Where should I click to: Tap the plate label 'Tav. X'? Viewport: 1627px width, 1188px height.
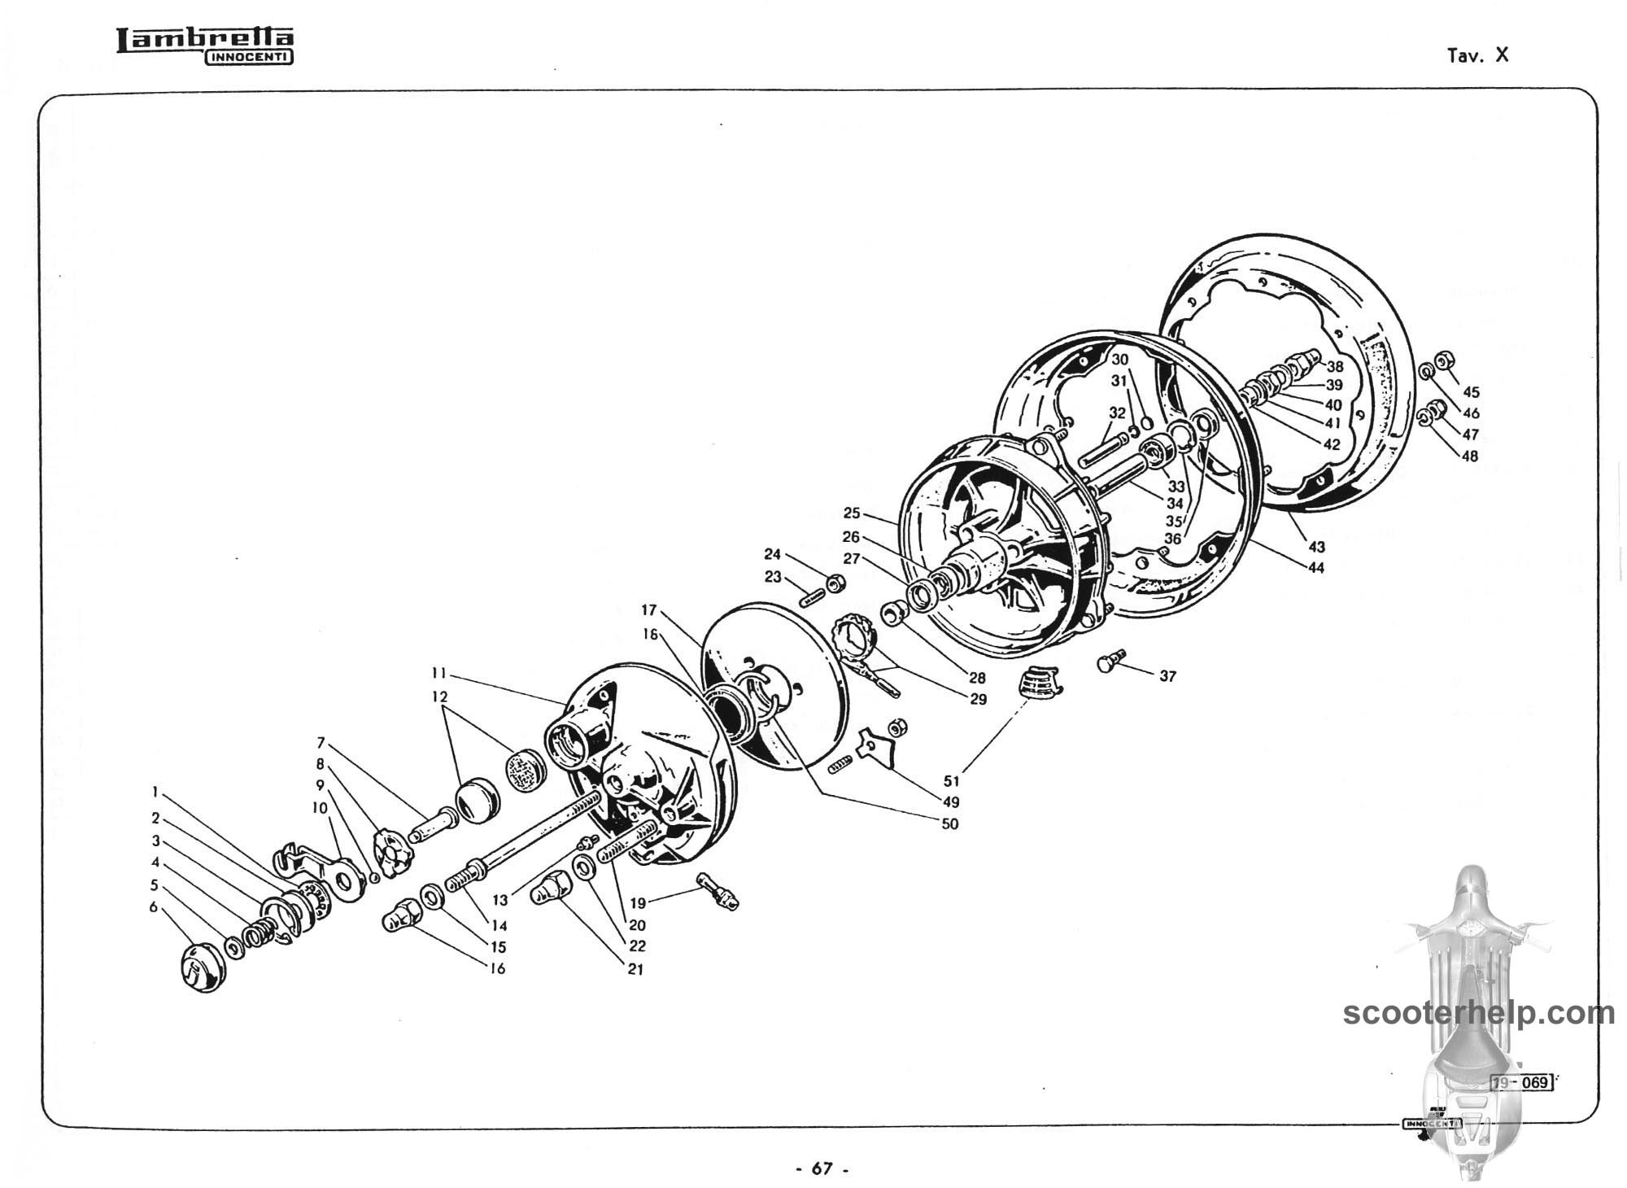coord(1477,55)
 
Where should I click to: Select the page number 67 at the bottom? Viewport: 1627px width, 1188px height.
coord(822,1168)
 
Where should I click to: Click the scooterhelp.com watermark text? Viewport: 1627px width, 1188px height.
coord(1478,1013)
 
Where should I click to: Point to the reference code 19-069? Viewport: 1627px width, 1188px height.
coord(1520,1082)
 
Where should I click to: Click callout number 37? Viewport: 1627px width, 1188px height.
coord(1167,676)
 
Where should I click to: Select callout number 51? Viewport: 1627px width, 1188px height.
coord(951,781)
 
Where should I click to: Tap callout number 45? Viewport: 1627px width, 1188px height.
coord(1471,393)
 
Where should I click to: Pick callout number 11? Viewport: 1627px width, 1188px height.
coord(439,674)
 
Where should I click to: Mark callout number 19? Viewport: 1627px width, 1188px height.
coord(638,902)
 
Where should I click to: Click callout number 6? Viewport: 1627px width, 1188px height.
coord(153,907)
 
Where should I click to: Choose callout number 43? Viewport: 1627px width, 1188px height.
coord(1316,548)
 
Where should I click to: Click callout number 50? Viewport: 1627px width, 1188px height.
coord(949,824)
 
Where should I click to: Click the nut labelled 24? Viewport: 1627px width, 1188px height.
coord(835,583)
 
